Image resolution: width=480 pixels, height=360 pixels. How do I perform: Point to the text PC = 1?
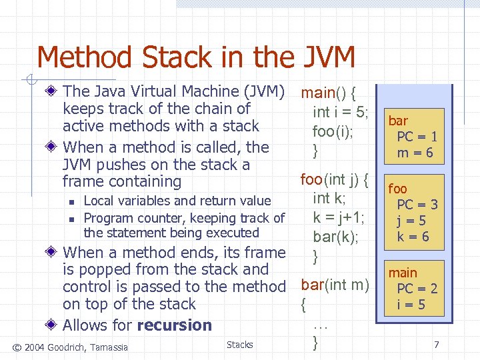point(417,137)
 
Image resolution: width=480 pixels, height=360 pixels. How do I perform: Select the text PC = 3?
point(417,205)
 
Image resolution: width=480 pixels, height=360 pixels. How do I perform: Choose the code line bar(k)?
point(336,236)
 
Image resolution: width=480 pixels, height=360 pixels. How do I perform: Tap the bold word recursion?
point(174,325)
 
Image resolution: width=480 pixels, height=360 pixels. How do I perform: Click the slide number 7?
point(436,345)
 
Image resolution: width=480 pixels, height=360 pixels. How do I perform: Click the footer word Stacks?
point(239,345)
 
